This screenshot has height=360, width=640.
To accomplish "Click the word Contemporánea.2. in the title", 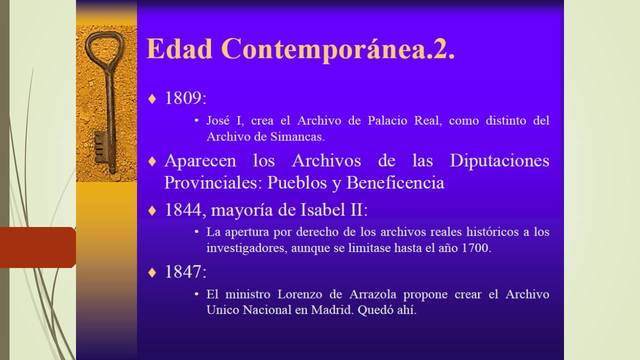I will click(336, 49).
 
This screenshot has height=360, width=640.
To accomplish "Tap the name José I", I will click(223, 121).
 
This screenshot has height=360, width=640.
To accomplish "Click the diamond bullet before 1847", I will click(153, 272).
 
